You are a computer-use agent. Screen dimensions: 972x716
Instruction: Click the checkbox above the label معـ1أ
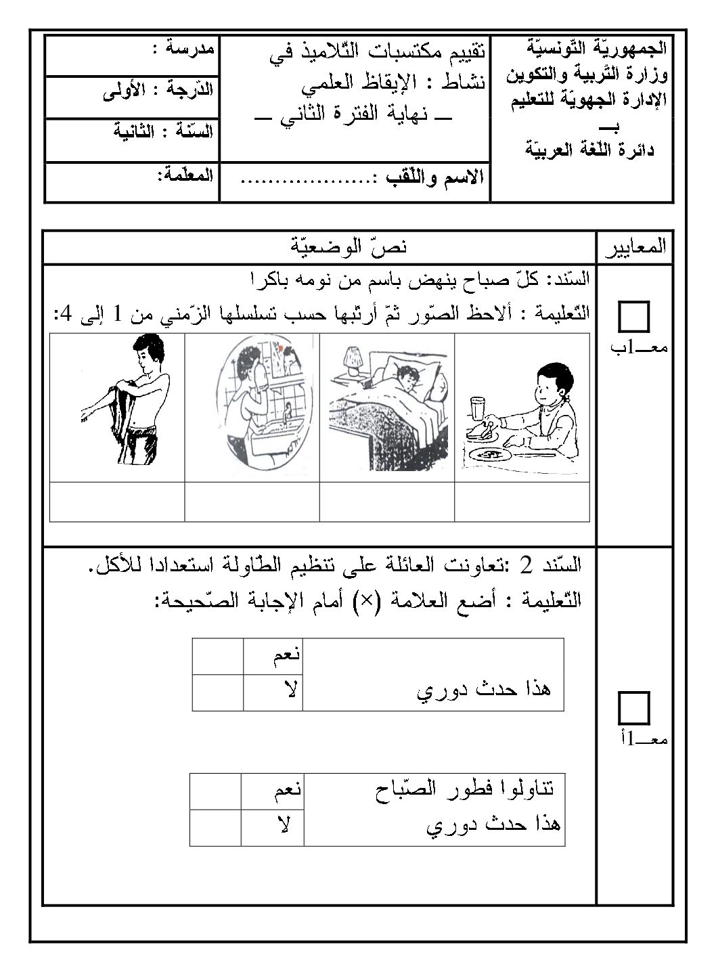pos(634,709)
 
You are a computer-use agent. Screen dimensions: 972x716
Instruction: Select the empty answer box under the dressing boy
pos(117,502)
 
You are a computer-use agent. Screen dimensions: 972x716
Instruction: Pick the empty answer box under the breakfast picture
pos(522,502)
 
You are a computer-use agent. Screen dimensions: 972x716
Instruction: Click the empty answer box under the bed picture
pos(387,502)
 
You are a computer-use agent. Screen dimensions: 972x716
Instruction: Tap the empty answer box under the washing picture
pos(252,502)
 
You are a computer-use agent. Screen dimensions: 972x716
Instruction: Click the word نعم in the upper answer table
pos(273,656)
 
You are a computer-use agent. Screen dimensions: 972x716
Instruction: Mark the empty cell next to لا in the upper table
pos(217,692)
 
